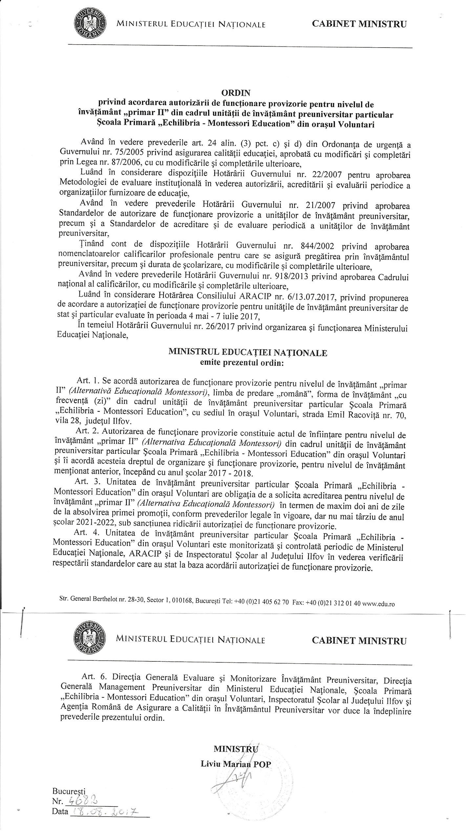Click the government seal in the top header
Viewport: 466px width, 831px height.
click(90, 24)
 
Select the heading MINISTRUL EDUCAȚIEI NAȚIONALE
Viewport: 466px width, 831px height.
click(247, 353)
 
